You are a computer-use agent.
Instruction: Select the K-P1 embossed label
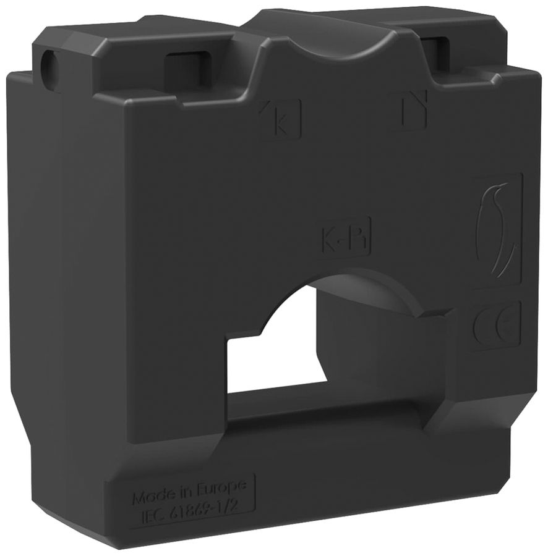[x=344, y=237]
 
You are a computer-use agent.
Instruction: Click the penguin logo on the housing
[x=497, y=228]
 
